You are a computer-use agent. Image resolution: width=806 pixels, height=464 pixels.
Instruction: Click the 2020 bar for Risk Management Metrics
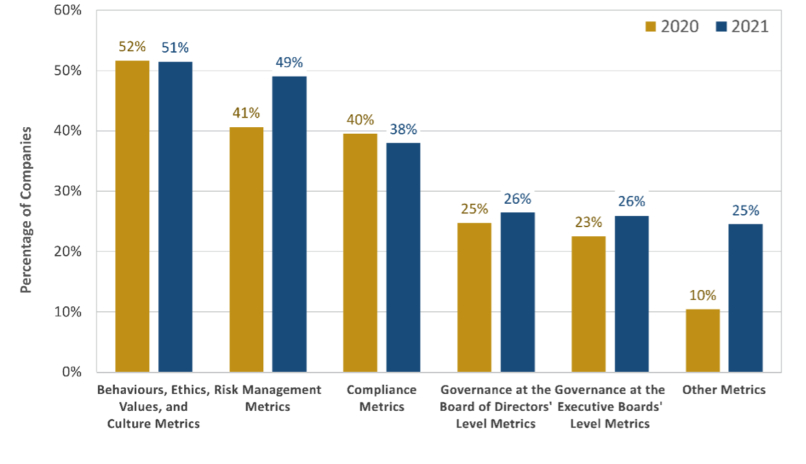point(246,249)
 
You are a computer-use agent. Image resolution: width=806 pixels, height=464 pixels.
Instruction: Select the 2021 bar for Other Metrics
point(746,298)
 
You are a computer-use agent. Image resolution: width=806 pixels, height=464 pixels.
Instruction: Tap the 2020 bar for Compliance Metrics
point(360,252)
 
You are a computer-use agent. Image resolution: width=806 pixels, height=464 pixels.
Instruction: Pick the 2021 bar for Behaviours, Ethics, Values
point(175,217)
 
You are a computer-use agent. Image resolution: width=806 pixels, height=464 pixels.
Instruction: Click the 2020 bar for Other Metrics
point(702,340)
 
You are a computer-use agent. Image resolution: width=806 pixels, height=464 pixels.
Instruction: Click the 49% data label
point(289,63)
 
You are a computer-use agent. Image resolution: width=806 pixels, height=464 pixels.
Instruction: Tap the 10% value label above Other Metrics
point(702,295)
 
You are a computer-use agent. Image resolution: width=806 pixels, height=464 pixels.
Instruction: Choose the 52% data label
point(132,47)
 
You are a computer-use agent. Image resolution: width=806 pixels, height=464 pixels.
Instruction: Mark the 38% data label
point(403,129)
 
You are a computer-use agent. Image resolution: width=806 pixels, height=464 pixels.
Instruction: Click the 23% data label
point(589,222)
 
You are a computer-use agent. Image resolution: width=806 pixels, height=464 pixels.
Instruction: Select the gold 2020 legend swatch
point(651,27)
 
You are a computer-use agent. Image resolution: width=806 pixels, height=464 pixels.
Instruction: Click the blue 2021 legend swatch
point(721,27)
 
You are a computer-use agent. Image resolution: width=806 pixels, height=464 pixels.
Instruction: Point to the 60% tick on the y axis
point(67,10)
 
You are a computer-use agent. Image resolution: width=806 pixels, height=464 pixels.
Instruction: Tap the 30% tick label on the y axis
point(67,191)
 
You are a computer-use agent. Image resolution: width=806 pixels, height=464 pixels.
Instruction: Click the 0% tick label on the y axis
point(70,372)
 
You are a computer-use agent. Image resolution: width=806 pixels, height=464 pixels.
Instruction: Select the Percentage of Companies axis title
point(26,210)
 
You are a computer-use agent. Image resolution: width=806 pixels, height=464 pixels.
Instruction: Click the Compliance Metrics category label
point(382,398)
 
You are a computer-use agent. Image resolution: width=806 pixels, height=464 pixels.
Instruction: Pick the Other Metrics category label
point(724,390)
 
